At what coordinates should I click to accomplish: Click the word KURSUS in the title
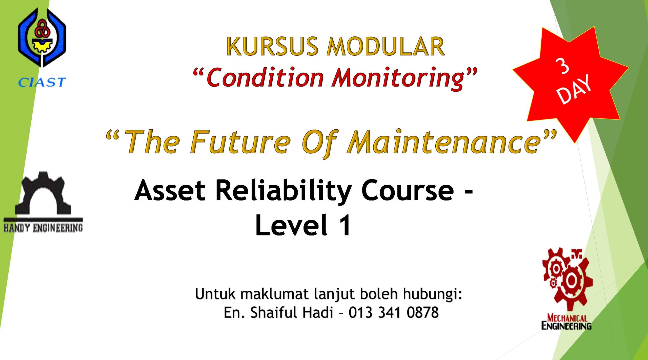point(272,46)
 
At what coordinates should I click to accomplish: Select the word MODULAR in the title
point(386,46)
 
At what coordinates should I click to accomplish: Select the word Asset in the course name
point(170,190)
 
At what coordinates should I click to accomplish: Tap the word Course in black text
point(408,190)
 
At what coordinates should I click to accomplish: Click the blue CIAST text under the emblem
point(42,82)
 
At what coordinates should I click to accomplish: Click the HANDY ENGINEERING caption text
point(43,228)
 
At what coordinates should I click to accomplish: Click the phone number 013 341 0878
point(394,312)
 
